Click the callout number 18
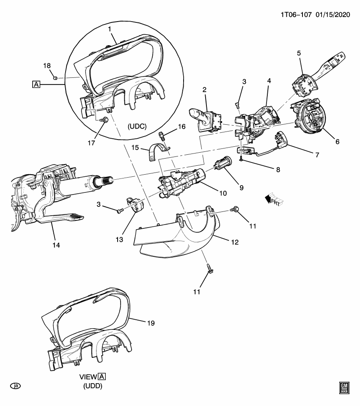point(47,66)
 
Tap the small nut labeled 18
point(55,78)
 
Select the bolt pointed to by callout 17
point(104,120)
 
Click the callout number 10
point(223,193)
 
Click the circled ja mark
point(16,386)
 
